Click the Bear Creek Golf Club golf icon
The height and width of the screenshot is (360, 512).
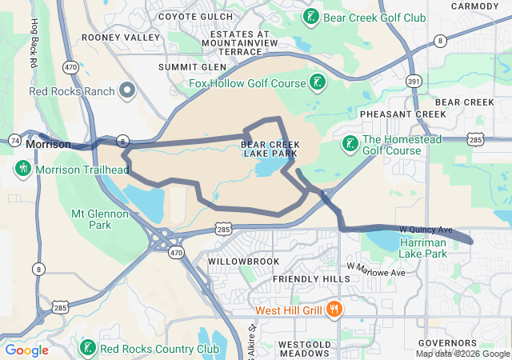pos(310,16)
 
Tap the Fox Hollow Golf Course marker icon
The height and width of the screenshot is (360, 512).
pos(318,82)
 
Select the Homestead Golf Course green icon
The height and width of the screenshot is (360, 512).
pos(350,143)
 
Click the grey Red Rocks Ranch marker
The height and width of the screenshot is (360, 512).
pos(126,90)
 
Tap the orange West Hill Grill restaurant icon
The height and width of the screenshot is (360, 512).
pos(335,310)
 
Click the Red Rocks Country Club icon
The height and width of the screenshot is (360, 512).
pos(87,349)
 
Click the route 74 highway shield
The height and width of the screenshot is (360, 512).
pos(15,139)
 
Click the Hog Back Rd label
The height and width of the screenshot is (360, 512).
pos(34,43)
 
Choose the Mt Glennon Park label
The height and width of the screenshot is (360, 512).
pos(100,219)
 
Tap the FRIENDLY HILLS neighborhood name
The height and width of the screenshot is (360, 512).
pos(311,278)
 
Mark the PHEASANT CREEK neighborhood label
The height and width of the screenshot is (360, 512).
pos(402,114)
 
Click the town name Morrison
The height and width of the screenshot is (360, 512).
pos(48,145)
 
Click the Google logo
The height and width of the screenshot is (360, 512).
pos(26,350)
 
